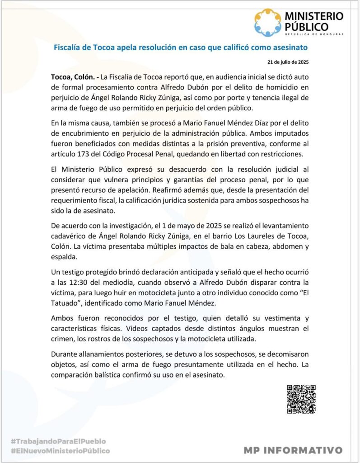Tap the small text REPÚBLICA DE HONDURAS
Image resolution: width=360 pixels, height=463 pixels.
pyautogui.click(x=314, y=34)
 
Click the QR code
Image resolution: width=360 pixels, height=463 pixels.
pyautogui.click(x=301, y=399)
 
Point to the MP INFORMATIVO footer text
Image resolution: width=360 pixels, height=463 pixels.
pyautogui.click(x=293, y=450)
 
